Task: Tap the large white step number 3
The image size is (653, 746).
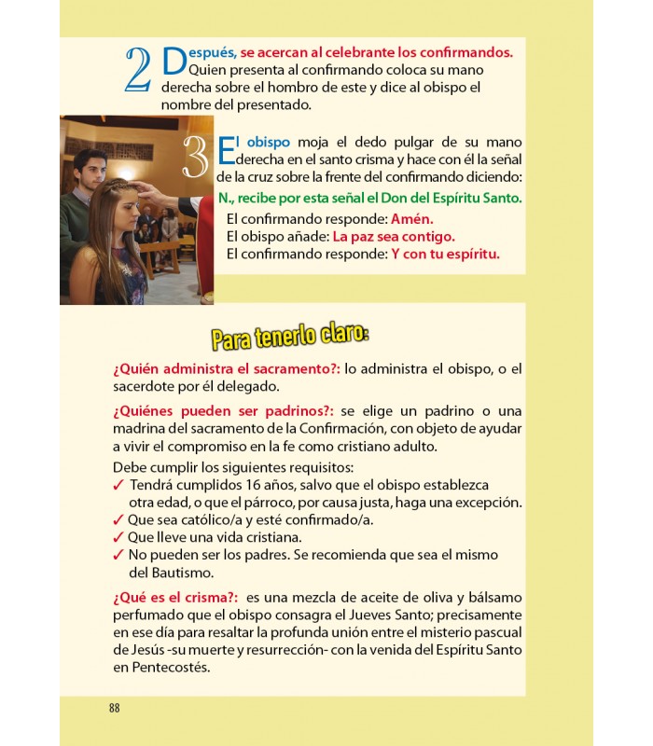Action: point(197,158)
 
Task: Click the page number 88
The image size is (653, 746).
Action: point(114,708)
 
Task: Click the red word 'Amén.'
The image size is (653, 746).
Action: point(412,217)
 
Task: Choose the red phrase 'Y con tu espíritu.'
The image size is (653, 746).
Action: point(445,254)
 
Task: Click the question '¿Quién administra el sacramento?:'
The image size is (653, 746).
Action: point(227,368)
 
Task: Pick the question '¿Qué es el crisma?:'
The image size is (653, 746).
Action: point(175,596)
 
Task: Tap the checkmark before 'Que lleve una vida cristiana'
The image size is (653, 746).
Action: point(118,537)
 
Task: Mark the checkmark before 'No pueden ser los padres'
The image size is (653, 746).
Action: point(118,555)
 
